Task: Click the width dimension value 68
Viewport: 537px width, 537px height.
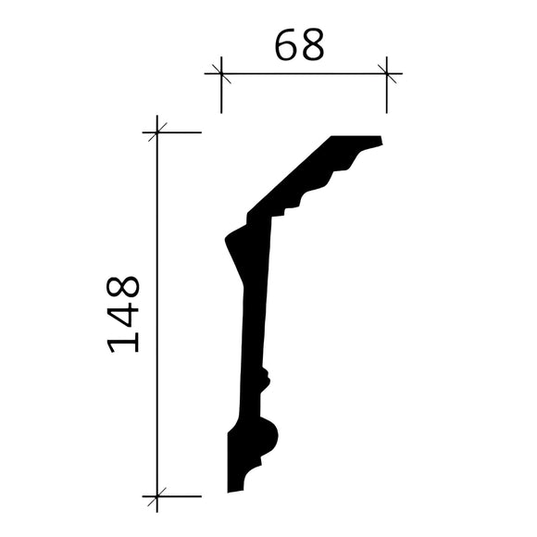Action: [299, 44]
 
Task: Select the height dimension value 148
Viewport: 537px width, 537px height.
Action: [123, 313]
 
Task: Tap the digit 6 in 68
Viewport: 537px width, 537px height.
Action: [286, 44]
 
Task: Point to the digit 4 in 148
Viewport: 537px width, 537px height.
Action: [123, 313]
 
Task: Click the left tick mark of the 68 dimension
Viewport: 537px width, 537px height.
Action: [221, 72]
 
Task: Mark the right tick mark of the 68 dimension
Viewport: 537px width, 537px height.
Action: [387, 72]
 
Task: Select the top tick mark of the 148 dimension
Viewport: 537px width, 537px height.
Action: [158, 132]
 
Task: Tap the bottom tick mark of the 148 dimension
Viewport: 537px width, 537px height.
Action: [158, 497]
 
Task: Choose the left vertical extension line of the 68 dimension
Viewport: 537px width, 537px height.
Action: [221, 93]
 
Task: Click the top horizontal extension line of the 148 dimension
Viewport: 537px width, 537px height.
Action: [181, 132]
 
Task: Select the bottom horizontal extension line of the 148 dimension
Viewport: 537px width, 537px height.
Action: [181, 497]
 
